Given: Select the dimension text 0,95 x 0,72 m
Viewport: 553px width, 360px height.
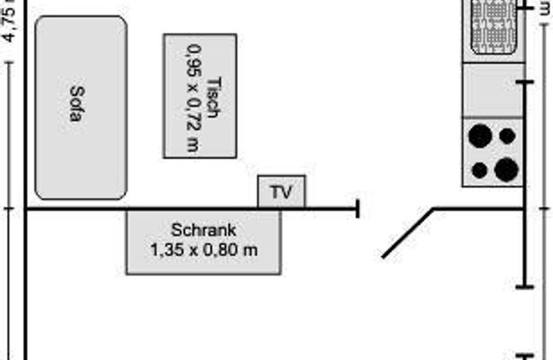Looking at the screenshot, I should [x=192, y=96].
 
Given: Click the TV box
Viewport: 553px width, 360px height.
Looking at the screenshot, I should [x=282, y=191].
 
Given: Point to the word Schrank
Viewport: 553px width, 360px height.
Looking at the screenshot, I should [x=204, y=231].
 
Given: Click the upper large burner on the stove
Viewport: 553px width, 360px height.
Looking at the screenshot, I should [x=480, y=136].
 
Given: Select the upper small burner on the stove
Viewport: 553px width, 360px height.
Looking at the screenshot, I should [x=508, y=136].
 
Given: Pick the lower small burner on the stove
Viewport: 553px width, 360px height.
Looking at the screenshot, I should [x=480, y=168].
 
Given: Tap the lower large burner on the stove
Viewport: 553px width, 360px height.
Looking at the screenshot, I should [x=508, y=168].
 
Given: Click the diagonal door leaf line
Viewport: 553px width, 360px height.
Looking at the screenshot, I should [x=408, y=233].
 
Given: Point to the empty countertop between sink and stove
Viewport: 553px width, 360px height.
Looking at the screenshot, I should [x=493, y=90].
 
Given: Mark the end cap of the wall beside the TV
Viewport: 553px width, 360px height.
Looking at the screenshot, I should [x=358, y=207].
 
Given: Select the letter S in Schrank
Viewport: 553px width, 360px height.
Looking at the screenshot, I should [x=176, y=231].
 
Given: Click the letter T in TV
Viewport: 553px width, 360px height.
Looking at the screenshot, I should [x=276, y=192].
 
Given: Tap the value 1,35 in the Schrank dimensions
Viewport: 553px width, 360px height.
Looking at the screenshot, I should [x=165, y=250].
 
